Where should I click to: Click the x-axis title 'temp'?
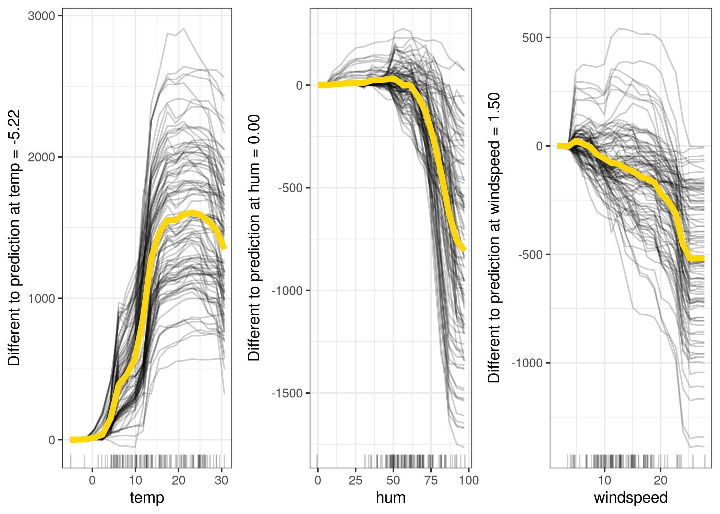pos(147,498)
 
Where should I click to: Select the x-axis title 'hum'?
pos(391,498)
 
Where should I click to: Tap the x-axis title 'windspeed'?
pos(631,498)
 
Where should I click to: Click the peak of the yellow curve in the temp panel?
pos(192,213)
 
